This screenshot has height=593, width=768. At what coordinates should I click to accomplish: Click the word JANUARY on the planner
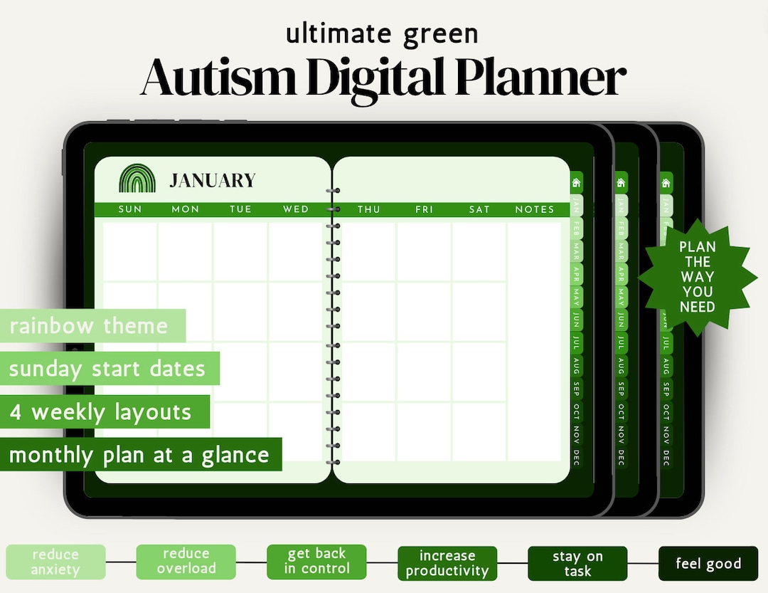click(212, 181)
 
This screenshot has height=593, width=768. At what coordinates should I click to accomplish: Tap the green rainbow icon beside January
click(137, 179)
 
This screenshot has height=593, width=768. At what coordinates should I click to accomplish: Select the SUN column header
click(130, 209)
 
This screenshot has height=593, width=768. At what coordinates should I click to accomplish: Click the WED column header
click(296, 209)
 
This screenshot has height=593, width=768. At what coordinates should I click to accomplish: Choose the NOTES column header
click(535, 209)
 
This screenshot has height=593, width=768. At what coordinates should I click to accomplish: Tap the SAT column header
click(479, 209)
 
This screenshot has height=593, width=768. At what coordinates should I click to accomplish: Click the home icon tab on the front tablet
click(576, 183)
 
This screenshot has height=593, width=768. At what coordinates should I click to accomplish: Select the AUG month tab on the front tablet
click(577, 366)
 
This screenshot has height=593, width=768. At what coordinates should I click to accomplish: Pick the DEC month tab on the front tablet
click(577, 456)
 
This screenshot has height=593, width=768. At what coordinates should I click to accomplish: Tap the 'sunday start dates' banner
click(107, 369)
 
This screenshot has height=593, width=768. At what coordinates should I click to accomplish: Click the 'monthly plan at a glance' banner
click(139, 455)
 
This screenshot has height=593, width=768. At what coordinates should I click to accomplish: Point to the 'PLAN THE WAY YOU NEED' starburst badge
click(698, 277)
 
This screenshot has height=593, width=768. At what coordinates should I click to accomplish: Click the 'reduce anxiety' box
click(55, 562)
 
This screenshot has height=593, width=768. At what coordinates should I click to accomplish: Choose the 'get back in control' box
click(316, 561)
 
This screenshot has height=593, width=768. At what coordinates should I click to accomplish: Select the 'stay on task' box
click(577, 564)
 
